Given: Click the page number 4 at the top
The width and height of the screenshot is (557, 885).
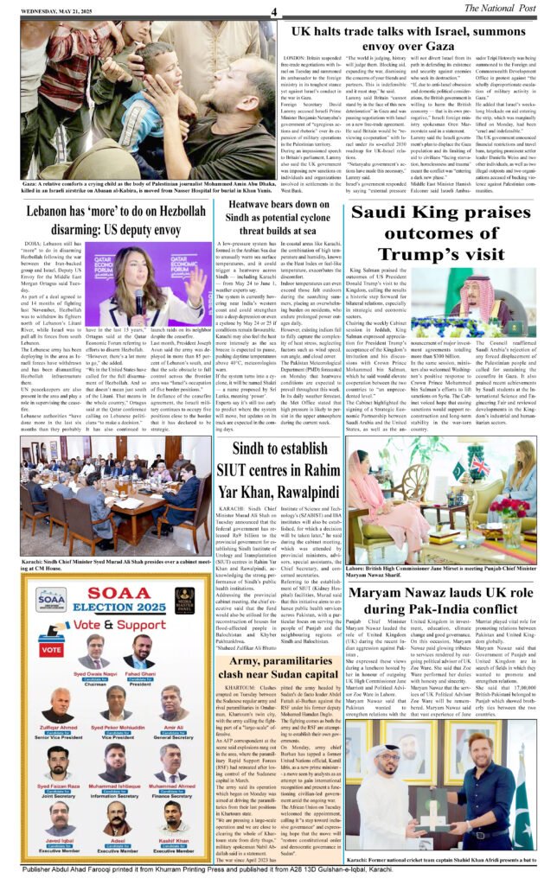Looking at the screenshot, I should (274, 11).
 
